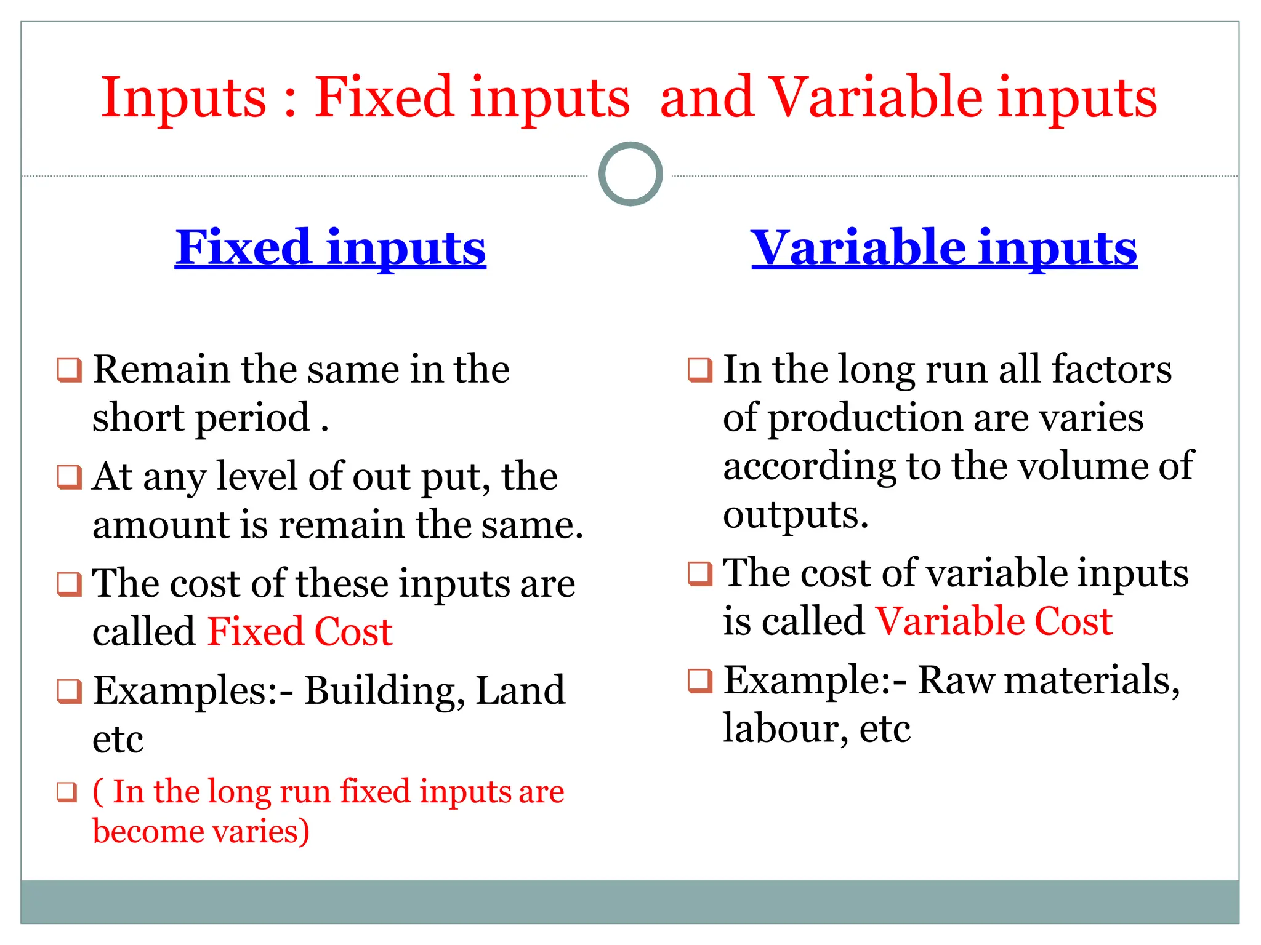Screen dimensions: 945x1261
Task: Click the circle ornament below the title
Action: pyautogui.click(x=630, y=174)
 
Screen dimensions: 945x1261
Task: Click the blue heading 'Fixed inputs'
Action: pyautogui.click(x=331, y=247)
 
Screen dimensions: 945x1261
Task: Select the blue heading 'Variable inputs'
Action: pyautogui.click(x=944, y=247)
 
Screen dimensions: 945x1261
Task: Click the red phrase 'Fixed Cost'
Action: pyautogui.click(x=300, y=631)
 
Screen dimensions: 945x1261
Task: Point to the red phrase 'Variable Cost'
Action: pyautogui.click(x=994, y=621)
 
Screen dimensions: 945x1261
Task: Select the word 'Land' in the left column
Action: pyautogui.click(x=520, y=690)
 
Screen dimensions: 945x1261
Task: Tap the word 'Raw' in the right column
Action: pyautogui.click(x=956, y=680)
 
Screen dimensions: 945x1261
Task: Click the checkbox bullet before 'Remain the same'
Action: pyautogui.click(x=69, y=370)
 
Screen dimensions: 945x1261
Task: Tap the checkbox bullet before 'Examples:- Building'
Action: pyautogui.click(x=69, y=692)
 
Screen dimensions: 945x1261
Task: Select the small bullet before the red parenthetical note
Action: pyautogui.click(x=67, y=792)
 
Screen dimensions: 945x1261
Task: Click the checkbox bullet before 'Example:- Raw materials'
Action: pyautogui.click(x=700, y=681)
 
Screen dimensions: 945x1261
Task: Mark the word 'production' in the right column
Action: pyautogui.click(x=866, y=418)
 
